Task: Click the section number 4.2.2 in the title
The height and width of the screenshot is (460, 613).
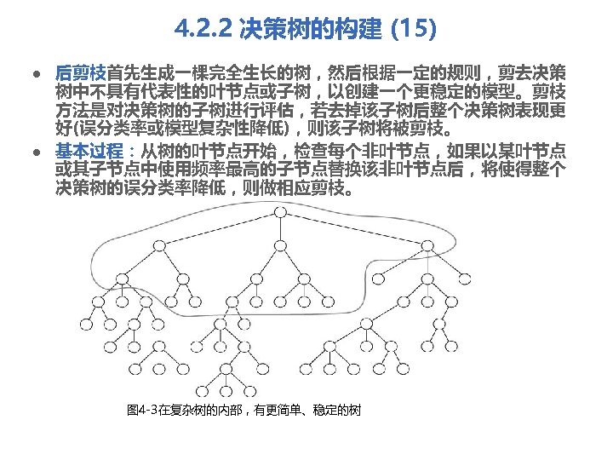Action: point(204,32)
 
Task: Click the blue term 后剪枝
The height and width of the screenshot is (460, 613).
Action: point(80,72)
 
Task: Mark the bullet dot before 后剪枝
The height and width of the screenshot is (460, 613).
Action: point(37,73)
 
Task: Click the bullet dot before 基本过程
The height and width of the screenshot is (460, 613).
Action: point(37,152)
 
